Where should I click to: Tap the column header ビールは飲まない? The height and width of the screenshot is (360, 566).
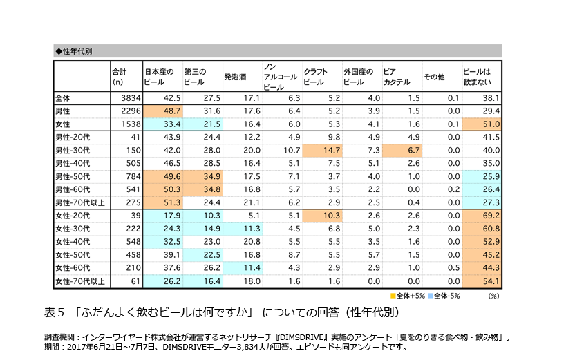point(476,77)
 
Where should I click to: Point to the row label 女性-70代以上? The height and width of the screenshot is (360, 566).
point(78,281)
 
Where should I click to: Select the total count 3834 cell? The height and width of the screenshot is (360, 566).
point(129,98)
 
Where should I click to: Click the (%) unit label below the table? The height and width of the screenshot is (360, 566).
point(493,295)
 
